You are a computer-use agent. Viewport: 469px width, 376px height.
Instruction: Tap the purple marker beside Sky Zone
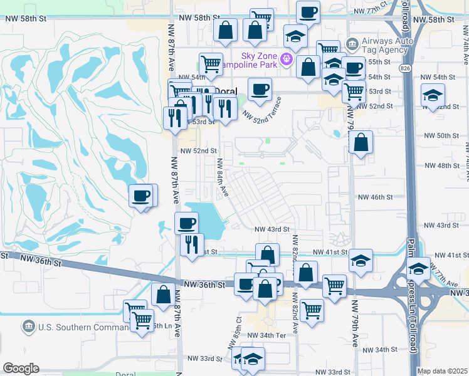(x=287, y=60)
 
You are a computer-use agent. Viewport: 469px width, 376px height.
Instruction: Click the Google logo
(x=21, y=368)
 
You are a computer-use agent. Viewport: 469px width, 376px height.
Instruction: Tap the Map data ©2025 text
(x=443, y=371)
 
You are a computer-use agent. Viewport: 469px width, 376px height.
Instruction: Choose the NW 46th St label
(x=375, y=197)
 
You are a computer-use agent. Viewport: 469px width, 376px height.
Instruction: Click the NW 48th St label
(x=441, y=165)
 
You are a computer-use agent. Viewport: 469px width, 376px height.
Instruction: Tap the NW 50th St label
(x=441, y=136)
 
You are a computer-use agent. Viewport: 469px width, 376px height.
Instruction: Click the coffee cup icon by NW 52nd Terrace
(x=260, y=89)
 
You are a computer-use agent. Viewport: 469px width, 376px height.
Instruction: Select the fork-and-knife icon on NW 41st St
(x=192, y=243)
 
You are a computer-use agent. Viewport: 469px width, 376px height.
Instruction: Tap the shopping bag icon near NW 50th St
(x=361, y=142)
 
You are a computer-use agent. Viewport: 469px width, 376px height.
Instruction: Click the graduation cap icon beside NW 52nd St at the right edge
(x=433, y=95)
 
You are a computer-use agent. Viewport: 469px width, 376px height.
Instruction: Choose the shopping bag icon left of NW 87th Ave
(x=163, y=294)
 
